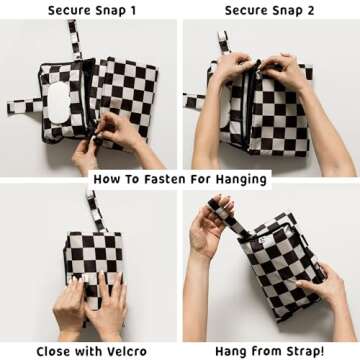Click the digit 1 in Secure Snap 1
click(x=132, y=10)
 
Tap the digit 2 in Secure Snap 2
click(x=310, y=10)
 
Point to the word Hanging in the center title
click(x=241, y=179)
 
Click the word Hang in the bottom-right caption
click(x=229, y=352)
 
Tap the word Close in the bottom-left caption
click(x=54, y=351)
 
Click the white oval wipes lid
click(x=59, y=102)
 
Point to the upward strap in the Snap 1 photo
click(x=75, y=39)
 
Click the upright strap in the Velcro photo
click(x=96, y=211)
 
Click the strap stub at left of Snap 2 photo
click(x=195, y=102)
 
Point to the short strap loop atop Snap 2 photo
click(x=224, y=41)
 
